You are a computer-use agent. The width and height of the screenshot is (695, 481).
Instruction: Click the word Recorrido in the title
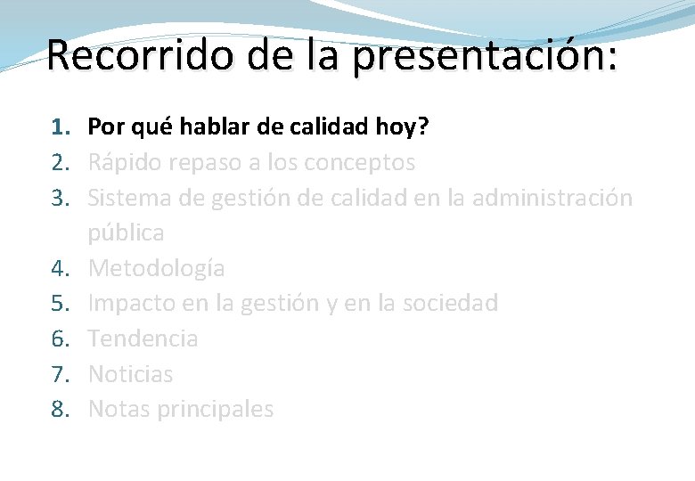(129, 55)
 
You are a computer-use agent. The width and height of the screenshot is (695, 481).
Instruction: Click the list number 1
(58, 127)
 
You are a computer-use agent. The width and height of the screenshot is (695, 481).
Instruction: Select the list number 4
(58, 268)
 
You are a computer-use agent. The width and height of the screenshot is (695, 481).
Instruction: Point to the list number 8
(58, 409)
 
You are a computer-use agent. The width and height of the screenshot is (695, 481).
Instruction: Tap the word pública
(126, 233)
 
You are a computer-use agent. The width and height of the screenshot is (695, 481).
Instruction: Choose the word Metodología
(157, 268)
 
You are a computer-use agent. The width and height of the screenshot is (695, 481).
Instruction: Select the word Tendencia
(143, 338)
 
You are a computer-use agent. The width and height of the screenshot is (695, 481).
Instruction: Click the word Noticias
(131, 374)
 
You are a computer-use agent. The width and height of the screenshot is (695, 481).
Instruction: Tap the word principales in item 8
(215, 409)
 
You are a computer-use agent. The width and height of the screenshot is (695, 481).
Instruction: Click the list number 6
(58, 338)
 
